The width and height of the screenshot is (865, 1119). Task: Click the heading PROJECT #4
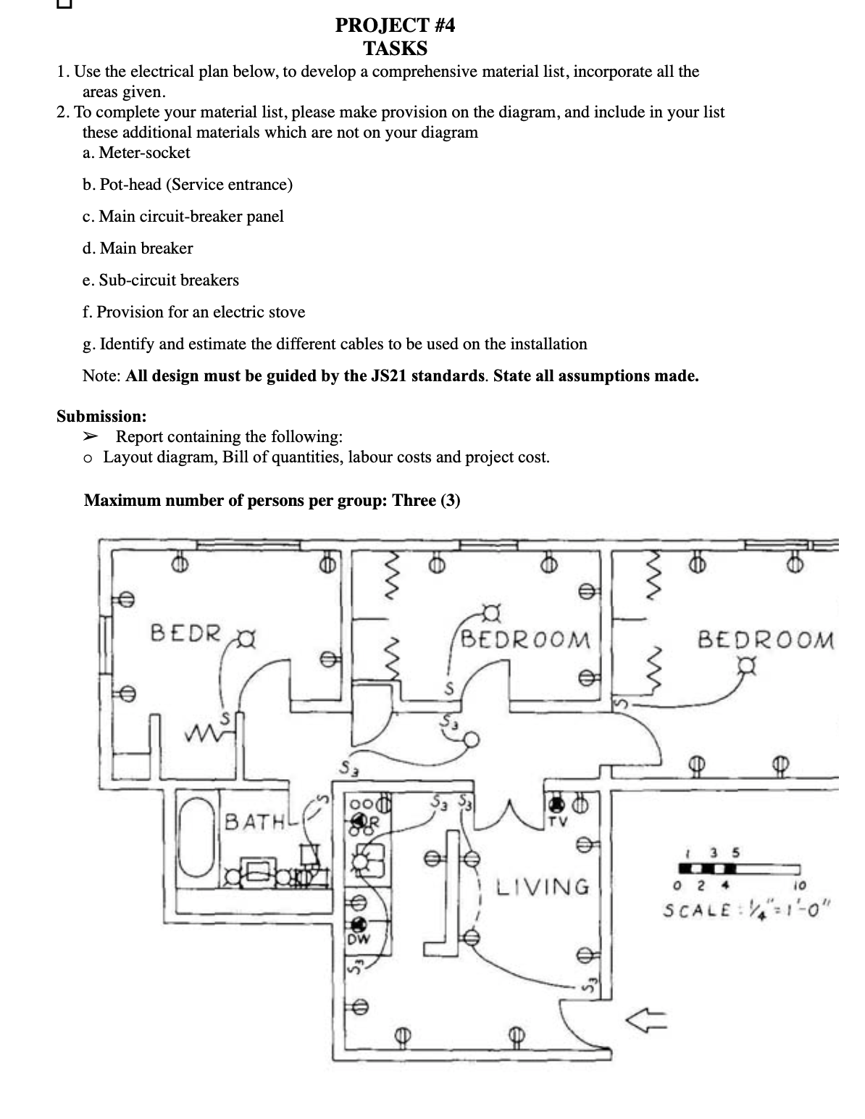point(395,26)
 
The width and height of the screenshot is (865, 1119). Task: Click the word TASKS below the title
point(395,49)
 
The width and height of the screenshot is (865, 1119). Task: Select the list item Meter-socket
point(144,153)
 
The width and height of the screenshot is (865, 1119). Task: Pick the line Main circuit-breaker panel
point(191,217)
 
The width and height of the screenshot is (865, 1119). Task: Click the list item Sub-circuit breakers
point(169,280)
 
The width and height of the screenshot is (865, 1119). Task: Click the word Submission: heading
point(101,417)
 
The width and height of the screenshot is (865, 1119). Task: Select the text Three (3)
point(426,501)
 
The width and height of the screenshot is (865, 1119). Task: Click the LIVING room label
point(543,886)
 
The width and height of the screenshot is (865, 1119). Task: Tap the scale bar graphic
point(739,868)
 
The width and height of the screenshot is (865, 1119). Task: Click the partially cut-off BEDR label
point(185,633)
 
